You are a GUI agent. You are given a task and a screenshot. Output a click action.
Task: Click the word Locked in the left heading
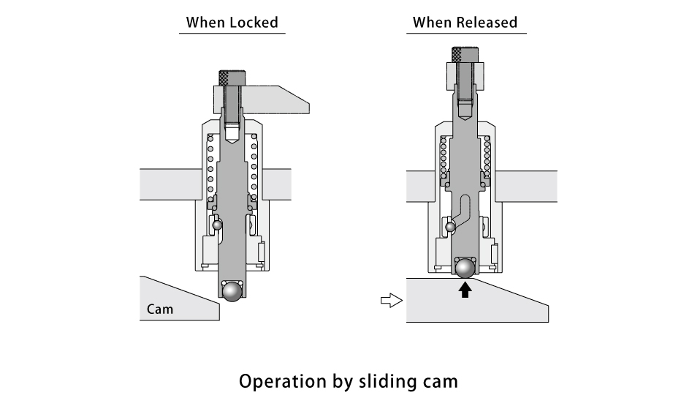[x=254, y=23]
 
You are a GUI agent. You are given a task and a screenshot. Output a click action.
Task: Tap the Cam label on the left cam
[x=160, y=309]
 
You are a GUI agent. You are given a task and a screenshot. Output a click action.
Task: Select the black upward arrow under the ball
[x=465, y=290]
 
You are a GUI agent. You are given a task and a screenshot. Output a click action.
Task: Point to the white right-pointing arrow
[x=392, y=300]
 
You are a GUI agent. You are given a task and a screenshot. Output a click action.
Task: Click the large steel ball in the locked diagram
[x=233, y=291]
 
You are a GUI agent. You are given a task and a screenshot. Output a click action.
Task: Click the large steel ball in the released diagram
[x=465, y=268]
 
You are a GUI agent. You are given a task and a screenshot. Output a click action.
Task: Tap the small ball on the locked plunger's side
[x=217, y=225]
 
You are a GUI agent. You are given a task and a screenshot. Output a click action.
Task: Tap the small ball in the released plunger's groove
[x=451, y=228]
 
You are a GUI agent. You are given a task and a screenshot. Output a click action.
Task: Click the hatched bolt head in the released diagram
[x=465, y=54]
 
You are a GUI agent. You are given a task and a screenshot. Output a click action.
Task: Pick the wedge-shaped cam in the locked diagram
[x=179, y=300]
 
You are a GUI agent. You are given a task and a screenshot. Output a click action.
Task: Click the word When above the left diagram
[x=205, y=23]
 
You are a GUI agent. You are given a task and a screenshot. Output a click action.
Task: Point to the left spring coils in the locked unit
[x=210, y=165]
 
